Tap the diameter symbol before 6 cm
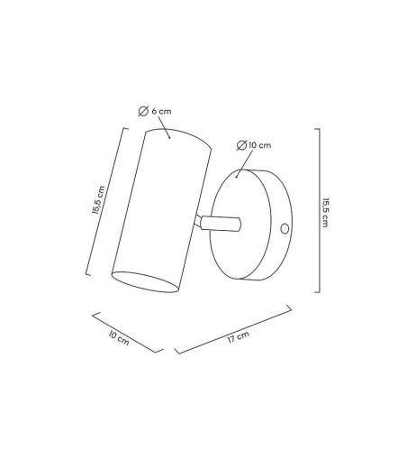143,111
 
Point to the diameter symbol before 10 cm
241,145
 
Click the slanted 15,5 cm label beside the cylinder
98,200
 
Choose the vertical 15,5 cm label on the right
325,213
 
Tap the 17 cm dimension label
239,337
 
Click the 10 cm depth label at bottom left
119,338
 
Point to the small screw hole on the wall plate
285,229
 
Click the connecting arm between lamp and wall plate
219,224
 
